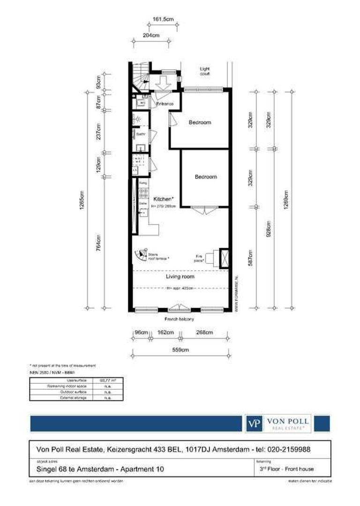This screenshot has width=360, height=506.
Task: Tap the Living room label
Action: pos(180,276)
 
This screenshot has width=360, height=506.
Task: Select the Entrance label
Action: pos(165,104)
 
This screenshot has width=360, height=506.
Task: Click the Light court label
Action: pos(205,71)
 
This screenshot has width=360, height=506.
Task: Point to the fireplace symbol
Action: pos(222,257)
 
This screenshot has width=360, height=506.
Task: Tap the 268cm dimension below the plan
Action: pos(204,332)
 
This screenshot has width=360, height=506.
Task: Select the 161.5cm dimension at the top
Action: pos(164,19)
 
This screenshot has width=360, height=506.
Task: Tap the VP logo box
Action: pos(254,424)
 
